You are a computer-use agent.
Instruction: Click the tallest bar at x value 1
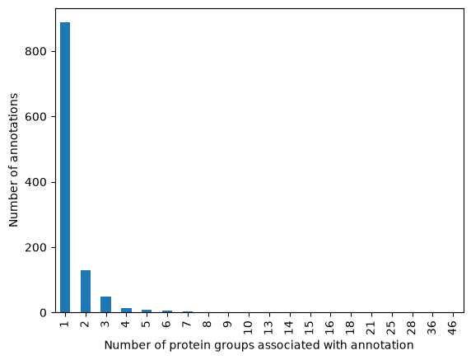pos(65,167)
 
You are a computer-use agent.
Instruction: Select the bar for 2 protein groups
pos(86,292)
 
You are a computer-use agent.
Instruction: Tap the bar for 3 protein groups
pos(105,305)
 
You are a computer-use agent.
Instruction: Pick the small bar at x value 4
pos(126,310)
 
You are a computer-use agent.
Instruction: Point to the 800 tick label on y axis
pos(35,52)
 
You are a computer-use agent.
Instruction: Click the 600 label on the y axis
pos(35,117)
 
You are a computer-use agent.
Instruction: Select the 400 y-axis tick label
pos(35,182)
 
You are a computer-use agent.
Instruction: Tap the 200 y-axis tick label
pos(35,248)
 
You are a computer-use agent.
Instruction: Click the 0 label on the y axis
pos(43,313)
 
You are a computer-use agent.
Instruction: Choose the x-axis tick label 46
pos(452,327)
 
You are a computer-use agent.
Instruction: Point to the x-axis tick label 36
pos(432,327)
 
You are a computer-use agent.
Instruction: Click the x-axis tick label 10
pos(248,327)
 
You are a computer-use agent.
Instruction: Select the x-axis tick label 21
pos(371,327)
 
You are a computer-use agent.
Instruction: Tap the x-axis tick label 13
pos(268,327)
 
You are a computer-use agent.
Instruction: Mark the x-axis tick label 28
pos(412,327)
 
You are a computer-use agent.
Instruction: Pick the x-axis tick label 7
pos(187,324)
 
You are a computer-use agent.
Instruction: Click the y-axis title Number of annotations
pos(13,160)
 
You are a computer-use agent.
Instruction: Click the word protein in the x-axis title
pos(186,345)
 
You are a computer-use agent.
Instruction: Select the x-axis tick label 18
pos(350,327)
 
